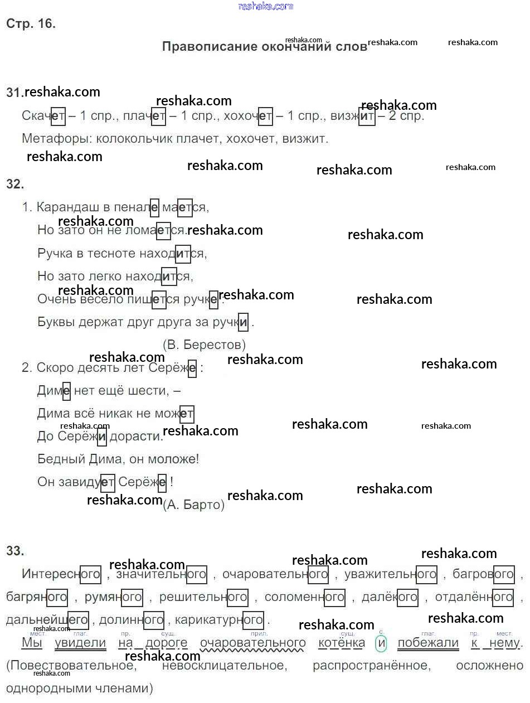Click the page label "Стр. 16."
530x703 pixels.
pos(31,24)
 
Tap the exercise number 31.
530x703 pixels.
pos(14,93)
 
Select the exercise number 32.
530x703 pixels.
pos(14,184)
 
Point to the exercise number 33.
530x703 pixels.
pos(15,551)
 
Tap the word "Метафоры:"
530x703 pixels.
pos(56,138)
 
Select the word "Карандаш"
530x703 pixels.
pos(67,207)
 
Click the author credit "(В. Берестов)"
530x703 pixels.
pos(204,345)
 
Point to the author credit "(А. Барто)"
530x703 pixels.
pos(194,505)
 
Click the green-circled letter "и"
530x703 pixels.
pos(381,643)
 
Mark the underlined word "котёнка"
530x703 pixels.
pos(342,643)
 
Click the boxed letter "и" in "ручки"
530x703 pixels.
pos(243,322)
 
